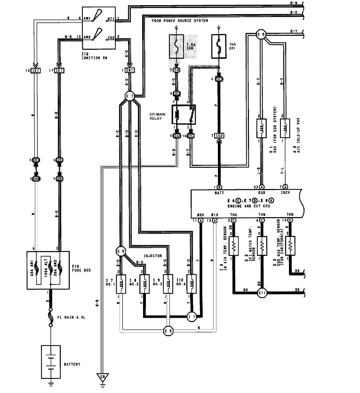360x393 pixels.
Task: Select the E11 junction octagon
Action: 262,294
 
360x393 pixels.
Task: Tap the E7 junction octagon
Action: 130,97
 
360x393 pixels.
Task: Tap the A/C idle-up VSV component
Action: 285,127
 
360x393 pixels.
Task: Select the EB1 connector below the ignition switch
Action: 128,71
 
